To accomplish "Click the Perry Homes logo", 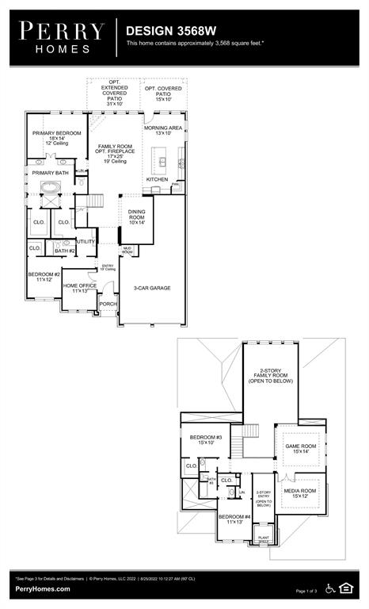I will pyautogui.click(x=61, y=36).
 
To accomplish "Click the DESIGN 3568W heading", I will pyautogui.click(x=170, y=29).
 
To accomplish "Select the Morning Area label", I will pyautogui.click(x=164, y=130).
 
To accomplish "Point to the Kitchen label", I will pyautogui.click(x=157, y=179).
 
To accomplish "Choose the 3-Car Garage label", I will pyautogui.click(x=151, y=288).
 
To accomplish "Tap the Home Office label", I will pyautogui.click(x=79, y=288).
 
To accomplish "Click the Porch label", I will pyautogui.click(x=108, y=304).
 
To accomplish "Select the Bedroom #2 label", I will pyautogui.click(x=44, y=277).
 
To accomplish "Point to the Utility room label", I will pyautogui.click(x=86, y=241).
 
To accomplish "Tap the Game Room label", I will pyautogui.click(x=301, y=449).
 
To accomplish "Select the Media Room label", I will pyautogui.click(x=300, y=493).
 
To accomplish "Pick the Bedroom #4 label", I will pyautogui.click(x=234, y=519).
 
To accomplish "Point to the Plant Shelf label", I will pyautogui.click(x=264, y=538).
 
